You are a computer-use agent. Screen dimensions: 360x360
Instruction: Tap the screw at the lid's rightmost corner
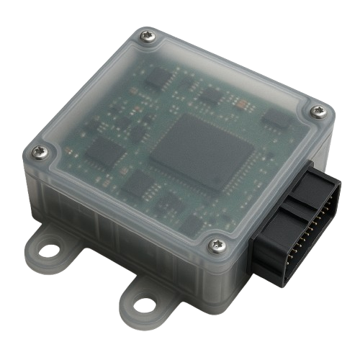pyautogui.click(x=318, y=111)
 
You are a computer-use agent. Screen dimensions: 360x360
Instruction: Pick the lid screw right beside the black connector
pyautogui.click(x=217, y=246)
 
